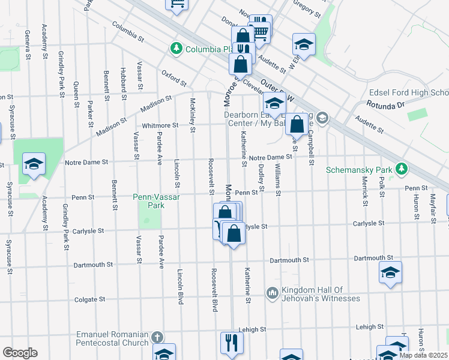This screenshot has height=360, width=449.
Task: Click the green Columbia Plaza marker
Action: click(176, 49)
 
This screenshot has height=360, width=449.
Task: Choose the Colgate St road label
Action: click(89, 299)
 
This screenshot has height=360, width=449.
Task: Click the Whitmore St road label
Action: click(160, 125)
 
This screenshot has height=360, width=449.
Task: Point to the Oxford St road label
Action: click(174, 77)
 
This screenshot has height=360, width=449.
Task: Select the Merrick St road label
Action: click(365, 191)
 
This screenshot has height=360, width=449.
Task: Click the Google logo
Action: click(20, 353)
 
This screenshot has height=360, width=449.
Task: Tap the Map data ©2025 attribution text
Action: click(423, 355)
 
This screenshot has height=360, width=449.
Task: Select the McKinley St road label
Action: click(193, 114)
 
